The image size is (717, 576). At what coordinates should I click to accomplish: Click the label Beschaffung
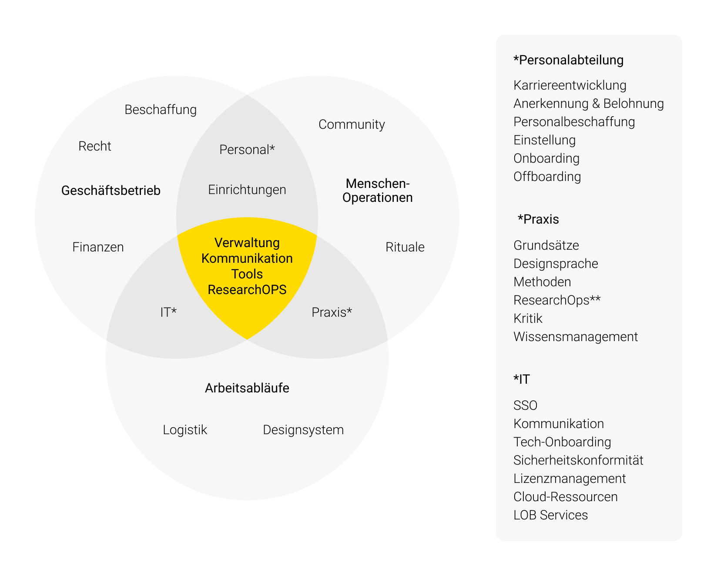(x=161, y=110)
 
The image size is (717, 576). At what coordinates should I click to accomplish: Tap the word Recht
(x=95, y=146)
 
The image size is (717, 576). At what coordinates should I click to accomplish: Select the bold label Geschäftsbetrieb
(x=111, y=191)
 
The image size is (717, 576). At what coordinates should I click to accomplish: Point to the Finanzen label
(x=98, y=247)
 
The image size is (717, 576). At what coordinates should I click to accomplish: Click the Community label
(x=352, y=124)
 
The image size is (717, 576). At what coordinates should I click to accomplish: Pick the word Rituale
(x=405, y=247)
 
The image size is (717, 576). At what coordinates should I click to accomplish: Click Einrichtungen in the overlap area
(x=247, y=190)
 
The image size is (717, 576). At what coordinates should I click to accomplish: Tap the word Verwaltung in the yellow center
(x=247, y=243)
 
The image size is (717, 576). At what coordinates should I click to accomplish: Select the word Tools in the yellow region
(x=247, y=274)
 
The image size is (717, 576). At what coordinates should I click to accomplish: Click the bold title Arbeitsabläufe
(x=247, y=388)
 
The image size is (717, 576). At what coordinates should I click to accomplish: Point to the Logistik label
(x=185, y=430)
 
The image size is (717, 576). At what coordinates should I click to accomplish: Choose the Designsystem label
(x=303, y=430)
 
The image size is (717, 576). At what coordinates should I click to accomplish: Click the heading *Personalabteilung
(x=568, y=60)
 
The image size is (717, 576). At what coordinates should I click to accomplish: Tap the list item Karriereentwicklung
(x=570, y=85)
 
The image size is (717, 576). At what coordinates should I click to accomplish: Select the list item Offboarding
(x=547, y=177)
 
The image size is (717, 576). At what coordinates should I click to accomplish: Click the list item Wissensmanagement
(x=576, y=337)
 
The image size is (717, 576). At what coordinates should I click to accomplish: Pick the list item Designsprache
(x=556, y=264)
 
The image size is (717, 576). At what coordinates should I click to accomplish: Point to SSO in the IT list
(x=525, y=405)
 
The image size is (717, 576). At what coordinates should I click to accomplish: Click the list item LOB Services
(x=550, y=515)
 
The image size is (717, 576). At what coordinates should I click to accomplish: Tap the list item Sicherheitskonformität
(x=578, y=460)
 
